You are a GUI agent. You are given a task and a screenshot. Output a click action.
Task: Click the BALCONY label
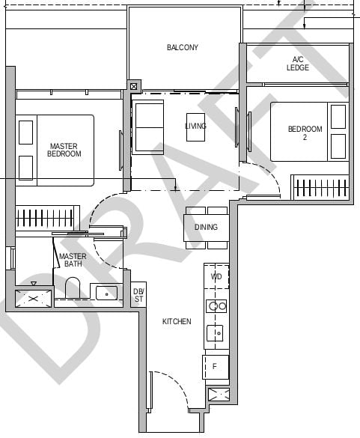coord(183,47)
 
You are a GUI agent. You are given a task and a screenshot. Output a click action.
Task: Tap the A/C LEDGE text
coord(298,64)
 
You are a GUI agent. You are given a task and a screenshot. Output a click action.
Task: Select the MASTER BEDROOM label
coord(64,150)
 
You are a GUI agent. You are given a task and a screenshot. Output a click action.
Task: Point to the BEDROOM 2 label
coord(305,133)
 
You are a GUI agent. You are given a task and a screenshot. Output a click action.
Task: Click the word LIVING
coord(195,126)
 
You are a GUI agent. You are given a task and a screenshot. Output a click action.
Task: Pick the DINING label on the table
coord(206,227)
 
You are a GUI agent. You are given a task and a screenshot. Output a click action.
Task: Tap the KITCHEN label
coord(177,321)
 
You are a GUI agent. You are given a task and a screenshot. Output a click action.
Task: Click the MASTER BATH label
coord(73,260)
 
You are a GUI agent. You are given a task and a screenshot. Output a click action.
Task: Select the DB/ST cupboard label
coord(138,295)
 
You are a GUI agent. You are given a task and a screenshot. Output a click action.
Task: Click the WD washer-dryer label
coord(216,276)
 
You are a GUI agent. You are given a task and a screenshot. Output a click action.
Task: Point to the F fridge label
coord(215,366)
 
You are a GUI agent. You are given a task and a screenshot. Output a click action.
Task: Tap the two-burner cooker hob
coord(216,306)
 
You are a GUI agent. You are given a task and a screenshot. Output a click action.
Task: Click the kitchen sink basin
coord(215,333)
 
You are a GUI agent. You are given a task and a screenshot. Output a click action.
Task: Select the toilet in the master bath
coord(73,288)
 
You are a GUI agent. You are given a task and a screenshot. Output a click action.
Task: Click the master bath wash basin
coord(106,293)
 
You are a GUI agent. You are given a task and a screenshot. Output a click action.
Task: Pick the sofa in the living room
coord(147,127)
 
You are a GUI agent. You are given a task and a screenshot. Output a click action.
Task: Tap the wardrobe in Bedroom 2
coord(320,187)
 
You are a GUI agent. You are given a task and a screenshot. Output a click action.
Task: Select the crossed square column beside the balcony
coord(134,86)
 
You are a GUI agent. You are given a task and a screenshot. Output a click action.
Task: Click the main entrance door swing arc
coord(177,381)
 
